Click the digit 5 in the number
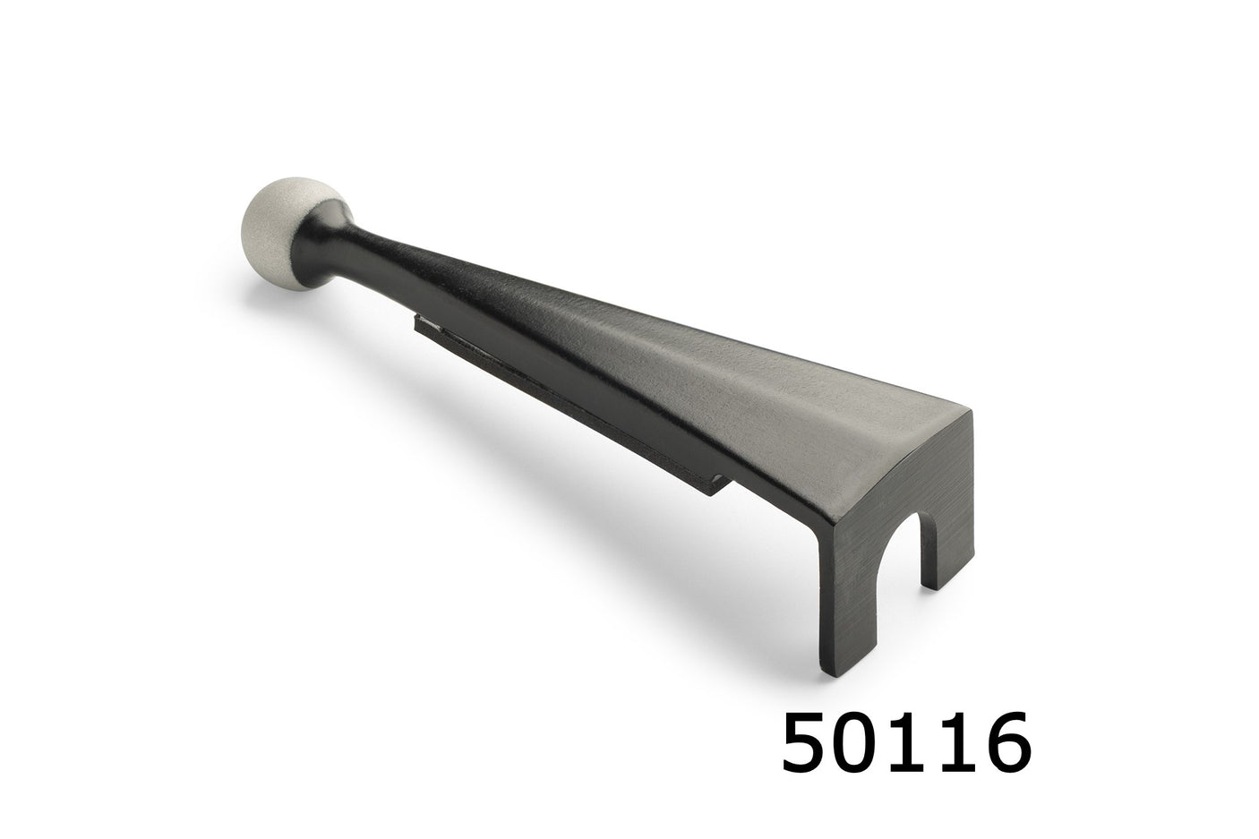coord(811,741)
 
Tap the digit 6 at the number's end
coord(1002,741)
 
